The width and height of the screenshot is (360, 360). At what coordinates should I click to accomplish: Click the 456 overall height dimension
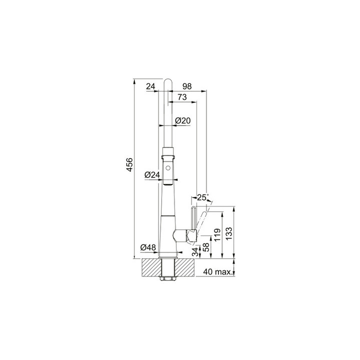[x=129, y=164]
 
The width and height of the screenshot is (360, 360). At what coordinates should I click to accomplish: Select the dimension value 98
[x=187, y=86]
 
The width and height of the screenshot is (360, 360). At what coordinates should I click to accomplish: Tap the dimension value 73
[x=182, y=97]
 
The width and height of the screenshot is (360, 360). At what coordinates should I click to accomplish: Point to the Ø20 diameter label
[x=183, y=120]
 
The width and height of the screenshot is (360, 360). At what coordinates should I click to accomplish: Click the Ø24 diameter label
[x=152, y=175]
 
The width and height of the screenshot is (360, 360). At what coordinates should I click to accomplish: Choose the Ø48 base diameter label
[x=148, y=247]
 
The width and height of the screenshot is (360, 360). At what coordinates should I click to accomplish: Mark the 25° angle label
[x=202, y=197]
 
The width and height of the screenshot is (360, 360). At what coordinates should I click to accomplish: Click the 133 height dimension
[x=229, y=233]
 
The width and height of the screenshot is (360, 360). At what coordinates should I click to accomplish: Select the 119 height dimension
[x=217, y=234]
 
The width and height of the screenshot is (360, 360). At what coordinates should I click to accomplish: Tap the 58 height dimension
[x=206, y=247]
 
